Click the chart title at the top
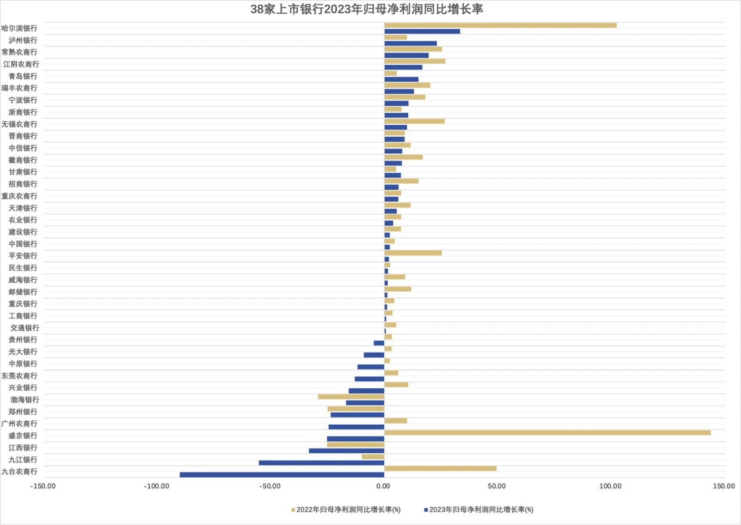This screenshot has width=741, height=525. click(x=370, y=10)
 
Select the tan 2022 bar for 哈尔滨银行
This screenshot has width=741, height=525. click(x=500, y=25)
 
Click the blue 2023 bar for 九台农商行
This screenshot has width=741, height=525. click(x=282, y=475)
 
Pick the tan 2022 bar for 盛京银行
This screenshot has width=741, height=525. click(x=547, y=433)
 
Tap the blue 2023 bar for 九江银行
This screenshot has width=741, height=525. click(x=322, y=463)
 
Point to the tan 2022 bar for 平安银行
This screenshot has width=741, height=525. click(x=413, y=253)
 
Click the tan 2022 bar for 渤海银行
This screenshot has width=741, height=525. click(x=351, y=397)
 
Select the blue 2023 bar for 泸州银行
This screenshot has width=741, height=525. click(x=410, y=44)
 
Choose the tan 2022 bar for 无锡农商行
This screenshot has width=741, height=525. click(x=414, y=121)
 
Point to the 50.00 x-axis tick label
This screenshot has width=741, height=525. click(x=496, y=486)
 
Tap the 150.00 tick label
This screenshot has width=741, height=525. click(x=723, y=486)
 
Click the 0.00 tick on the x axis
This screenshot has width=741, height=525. click(x=384, y=486)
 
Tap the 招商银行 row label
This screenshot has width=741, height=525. click(x=23, y=184)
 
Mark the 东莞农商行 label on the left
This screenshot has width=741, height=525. click(x=19, y=376)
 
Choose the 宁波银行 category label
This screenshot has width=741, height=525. click(x=23, y=100)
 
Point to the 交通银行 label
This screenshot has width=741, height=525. click(x=24, y=328)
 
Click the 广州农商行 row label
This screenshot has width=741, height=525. click(x=19, y=424)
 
